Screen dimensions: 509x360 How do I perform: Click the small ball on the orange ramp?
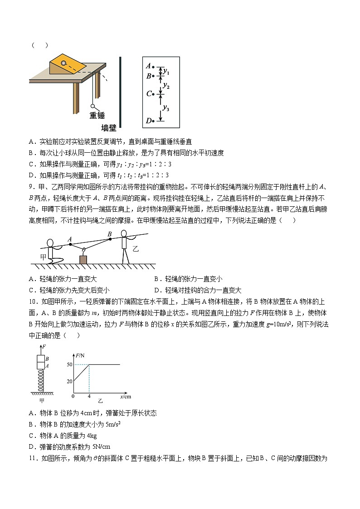pyautogui.click(x=64, y=63)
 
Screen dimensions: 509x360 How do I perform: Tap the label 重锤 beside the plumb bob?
pyautogui.click(x=97, y=116)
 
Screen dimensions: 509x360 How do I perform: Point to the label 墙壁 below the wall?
pyautogui.click(x=108, y=128)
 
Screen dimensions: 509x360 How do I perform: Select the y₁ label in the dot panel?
pyautogui.click(x=166, y=72)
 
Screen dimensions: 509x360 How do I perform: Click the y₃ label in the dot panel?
pyautogui.click(x=166, y=108)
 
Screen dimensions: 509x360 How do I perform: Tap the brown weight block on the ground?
pyautogui.click(x=83, y=259)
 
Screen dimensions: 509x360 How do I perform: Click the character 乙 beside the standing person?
pyautogui.click(x=136, y=249)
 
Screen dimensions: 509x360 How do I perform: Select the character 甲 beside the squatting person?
pyautogui.click(x=44, y=257)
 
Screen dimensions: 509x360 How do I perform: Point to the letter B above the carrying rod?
pyautogui.click(x=109, y=234)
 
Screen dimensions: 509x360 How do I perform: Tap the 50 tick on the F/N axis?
pyautogui.click(x=69, y=364)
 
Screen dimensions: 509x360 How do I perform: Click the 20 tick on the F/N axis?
pyautogui.click(x=69, y=382)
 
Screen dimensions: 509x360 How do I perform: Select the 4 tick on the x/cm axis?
pyautogui.click(x=89, y=397)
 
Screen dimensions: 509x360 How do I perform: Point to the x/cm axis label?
pyautogui.click(x=126, y=397)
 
